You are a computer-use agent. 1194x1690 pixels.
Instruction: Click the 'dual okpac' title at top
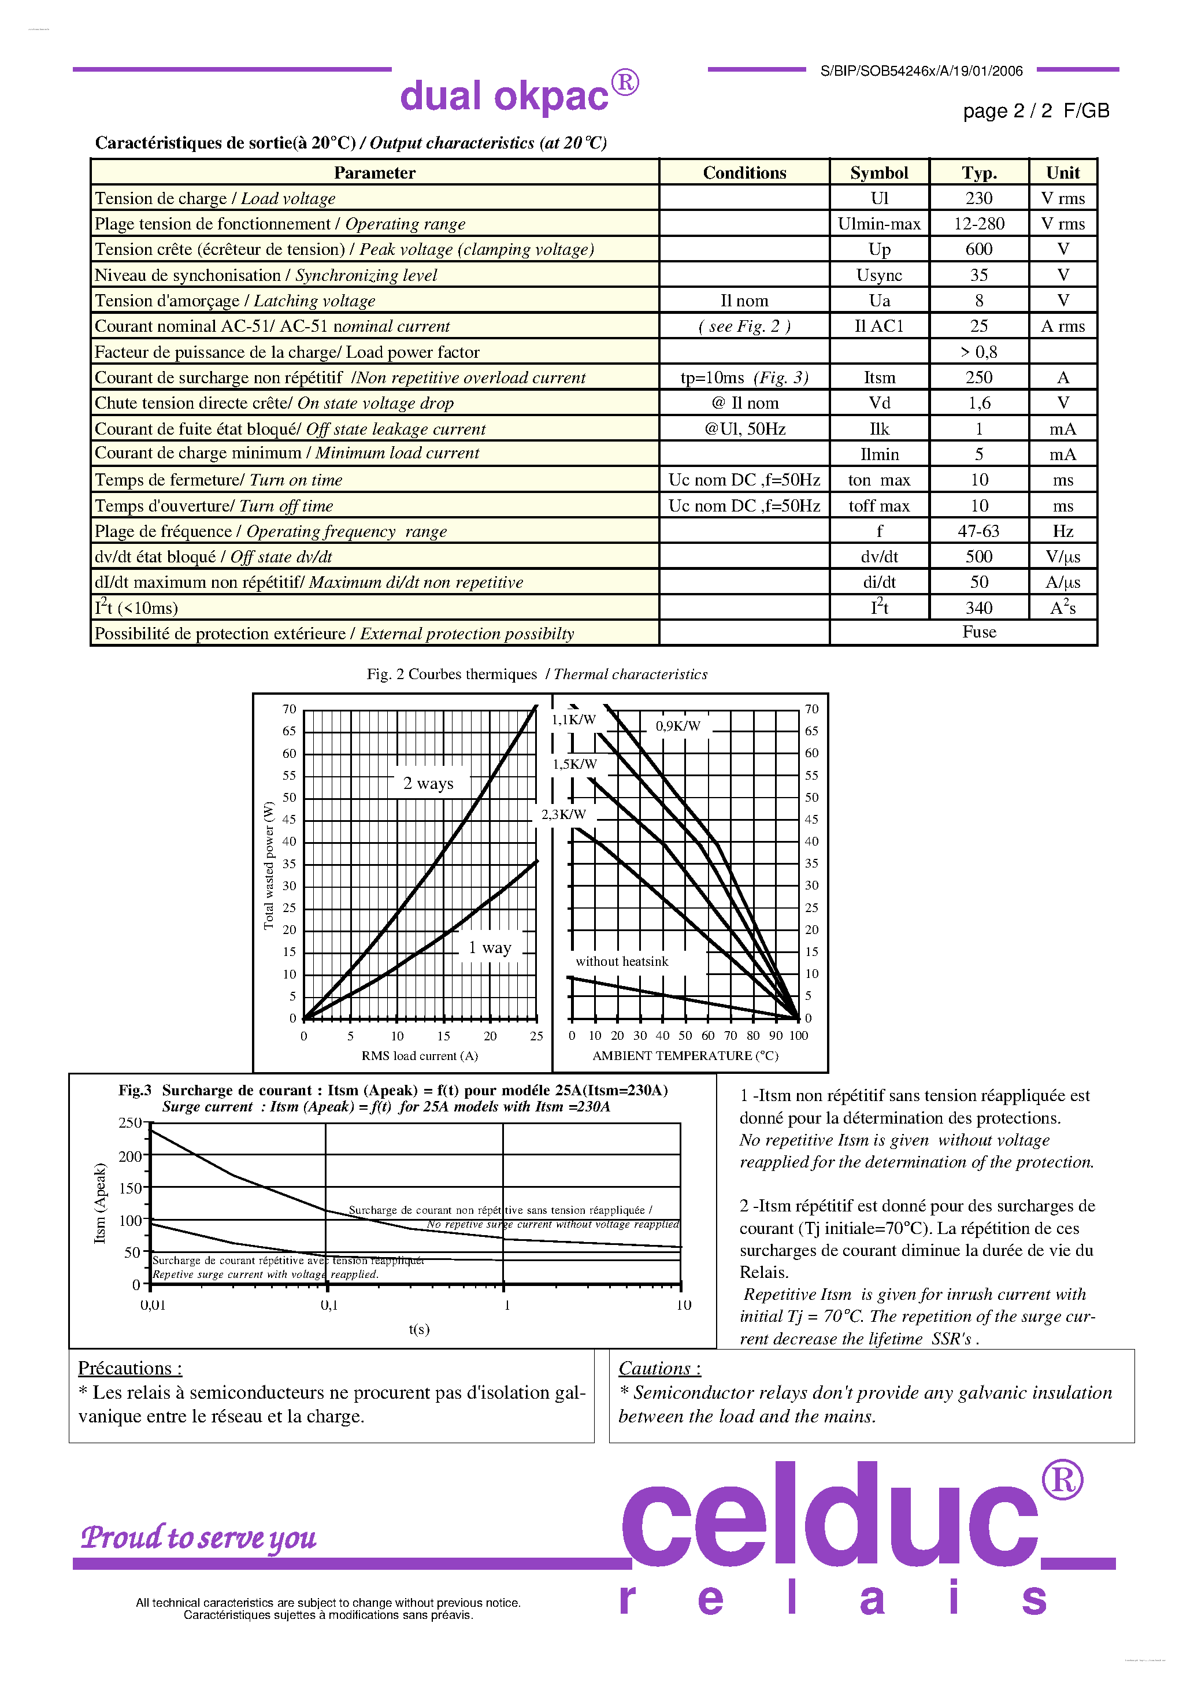tap(505, 96)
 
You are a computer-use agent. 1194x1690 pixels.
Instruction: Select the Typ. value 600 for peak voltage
tap(978, 250)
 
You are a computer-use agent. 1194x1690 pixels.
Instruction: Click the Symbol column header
tap(879, 173)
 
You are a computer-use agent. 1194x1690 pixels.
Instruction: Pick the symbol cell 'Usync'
tap(879, 275)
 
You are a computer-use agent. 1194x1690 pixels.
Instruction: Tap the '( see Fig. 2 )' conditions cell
tap(744, 326)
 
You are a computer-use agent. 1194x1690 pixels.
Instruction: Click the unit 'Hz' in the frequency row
tap(1062, 531)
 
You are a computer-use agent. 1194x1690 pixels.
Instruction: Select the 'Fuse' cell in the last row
tap(978, 632)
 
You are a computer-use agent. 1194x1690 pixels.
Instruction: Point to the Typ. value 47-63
tap(978, 531)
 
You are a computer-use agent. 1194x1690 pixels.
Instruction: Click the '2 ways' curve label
tap(428, 783)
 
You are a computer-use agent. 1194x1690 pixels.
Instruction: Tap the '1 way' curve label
tap(490, 948)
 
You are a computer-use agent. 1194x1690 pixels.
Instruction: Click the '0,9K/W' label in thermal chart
tap(678, 726)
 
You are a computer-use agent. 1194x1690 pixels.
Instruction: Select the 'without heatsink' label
tap(622, 961)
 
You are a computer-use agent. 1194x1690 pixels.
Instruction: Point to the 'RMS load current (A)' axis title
tap(420, 1055)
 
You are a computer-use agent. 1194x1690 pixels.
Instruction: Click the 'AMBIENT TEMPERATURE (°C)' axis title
tap(685, 1055)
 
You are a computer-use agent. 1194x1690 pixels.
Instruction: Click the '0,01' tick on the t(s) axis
tap(153, 1305)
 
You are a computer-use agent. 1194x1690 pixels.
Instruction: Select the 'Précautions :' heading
tap(129, 1368)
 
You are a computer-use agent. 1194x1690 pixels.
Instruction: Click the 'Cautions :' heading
tap(659, 1368)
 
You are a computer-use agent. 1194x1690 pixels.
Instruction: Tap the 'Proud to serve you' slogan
tap(199, 1537)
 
